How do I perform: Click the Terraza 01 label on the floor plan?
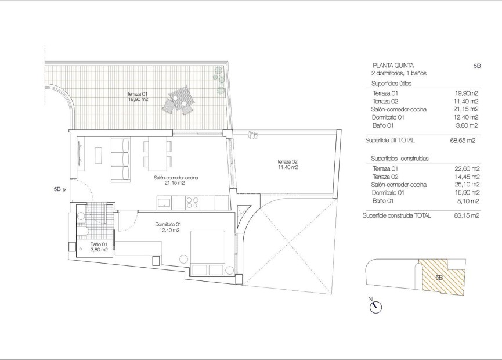[x=138, y=96]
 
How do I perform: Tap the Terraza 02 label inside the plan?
[x=287, y=164]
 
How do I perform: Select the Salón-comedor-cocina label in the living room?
[x=174, y=180]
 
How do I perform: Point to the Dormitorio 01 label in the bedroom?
[x=168, y=227]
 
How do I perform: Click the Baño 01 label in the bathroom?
[x=99, y=247]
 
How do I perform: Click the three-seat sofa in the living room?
[x=120, y=159]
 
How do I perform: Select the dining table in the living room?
[x=157, y=153]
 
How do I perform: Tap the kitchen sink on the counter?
[x=164, y=203]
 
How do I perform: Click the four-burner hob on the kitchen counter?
[x=192, y=203]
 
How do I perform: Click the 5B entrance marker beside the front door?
[x=59, y=189]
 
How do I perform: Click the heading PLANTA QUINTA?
[x=393, y=66]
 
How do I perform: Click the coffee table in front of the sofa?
[x=98, y=155]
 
